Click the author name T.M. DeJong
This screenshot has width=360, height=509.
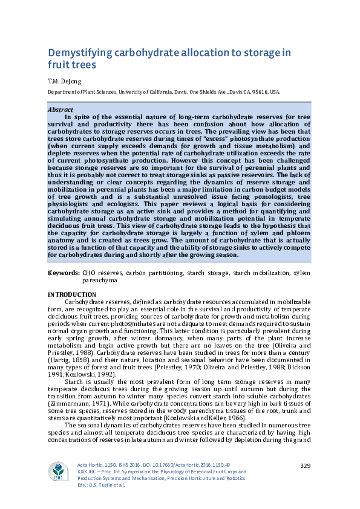coord(64,80)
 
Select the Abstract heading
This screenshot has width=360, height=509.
coord(60,110)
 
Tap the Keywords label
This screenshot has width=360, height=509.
coord(64,273)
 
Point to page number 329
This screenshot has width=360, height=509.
coord(306,464)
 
